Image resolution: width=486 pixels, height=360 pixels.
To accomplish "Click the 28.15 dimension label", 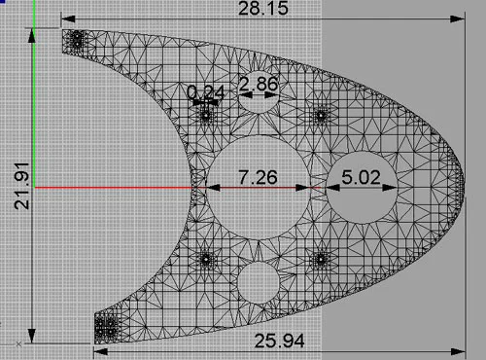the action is pyautogui.click(x=263, y=9).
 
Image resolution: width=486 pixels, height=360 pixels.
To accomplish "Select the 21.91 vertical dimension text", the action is pyautogui.click(x=21, y=186).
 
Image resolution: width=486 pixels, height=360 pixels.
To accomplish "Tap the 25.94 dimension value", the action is pyautogui.click(x=279, y=341).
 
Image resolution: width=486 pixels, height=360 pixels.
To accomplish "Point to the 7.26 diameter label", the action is pyautogui.click(x=258, y=177).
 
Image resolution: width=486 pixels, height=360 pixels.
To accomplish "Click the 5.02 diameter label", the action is pyautogui.click(x=361, y=177).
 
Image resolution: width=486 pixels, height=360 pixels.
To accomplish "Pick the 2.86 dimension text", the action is pyautogui.click(x=259, y=84).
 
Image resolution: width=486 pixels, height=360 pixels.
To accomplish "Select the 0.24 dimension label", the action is pyautogui.click(x=206, y=92).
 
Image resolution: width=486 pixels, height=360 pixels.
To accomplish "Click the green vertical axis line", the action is pyautogui.click(x=34, y=93).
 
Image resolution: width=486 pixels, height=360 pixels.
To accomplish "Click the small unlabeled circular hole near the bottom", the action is pyautogui.click(x=259, y=283).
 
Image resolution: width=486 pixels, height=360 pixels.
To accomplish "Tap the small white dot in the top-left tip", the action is pyautogui.click(x=77, y=43).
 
